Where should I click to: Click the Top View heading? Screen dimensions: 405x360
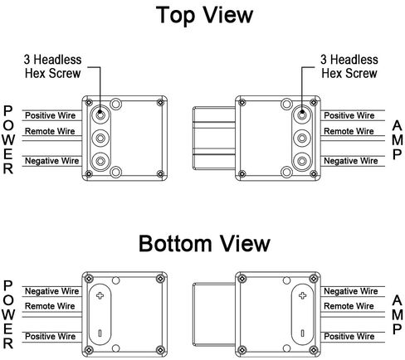pos(204,15)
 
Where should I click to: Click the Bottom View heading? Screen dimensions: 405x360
pos(204,244)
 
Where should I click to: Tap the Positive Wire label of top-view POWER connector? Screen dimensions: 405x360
pos(50,115)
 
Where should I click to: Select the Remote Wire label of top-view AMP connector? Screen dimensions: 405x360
pos(349,131)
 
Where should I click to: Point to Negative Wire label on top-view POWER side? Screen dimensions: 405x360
pos(51,161)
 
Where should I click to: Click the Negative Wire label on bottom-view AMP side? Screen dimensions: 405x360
pos(351,291)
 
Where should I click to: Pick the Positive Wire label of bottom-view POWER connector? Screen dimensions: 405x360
pos(50,336)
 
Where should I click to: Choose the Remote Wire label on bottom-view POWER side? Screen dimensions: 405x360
pos(50,306)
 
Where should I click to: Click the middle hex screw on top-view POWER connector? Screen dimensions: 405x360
pos(100,138)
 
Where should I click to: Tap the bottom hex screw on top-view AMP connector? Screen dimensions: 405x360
pos(302,161)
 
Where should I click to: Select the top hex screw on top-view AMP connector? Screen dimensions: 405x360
pos(302,114)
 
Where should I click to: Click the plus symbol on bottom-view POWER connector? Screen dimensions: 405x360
pos(100,295)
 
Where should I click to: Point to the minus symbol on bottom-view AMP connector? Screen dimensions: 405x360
pos(303,333)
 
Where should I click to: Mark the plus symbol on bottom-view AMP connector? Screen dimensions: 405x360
pos(303,295)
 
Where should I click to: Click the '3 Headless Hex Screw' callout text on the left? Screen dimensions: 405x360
pos(52,66)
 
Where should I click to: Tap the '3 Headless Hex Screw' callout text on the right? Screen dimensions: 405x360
pos(349,66)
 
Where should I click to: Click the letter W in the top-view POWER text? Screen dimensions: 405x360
pos(8,139)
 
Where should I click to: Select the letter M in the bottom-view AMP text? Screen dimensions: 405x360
pos(398,314)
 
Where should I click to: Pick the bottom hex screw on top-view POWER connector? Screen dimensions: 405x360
pos(100,161)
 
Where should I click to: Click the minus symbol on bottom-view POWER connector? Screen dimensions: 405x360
pos(100,333)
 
